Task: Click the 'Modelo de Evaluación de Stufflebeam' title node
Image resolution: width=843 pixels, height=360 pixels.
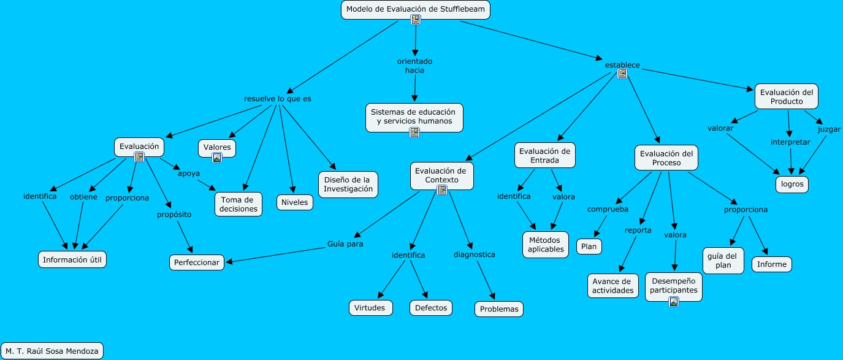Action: (x=415, y=9)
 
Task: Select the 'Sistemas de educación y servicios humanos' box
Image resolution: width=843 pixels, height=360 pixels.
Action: (x=414, y=117)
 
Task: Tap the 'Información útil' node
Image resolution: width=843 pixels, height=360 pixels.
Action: (x=72, y=259)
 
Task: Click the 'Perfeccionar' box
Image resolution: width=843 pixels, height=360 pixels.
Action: (x=197, y=262)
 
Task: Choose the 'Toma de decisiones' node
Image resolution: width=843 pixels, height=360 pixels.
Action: (x=238, y=204)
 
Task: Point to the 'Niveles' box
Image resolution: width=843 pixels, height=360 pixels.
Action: (x=295, y=202)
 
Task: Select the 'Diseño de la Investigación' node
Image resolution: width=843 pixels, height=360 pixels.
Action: (x=348, y=184)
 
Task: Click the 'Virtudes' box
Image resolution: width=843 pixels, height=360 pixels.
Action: (x=370, y=307)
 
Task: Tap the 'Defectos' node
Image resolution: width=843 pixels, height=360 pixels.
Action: (x=431, y=307)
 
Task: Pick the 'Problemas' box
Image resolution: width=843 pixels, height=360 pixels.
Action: (x=499, y=309)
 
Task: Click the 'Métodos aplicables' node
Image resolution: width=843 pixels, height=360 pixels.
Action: (x=546, y=245)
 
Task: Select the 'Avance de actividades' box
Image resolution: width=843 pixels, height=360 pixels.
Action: (x=613, y=286)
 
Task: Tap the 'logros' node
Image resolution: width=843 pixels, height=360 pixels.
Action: (x=792, y=183)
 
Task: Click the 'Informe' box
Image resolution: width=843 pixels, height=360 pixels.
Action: (x=772, y=264)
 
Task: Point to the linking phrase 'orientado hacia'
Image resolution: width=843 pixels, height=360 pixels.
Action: (x=414, y=66)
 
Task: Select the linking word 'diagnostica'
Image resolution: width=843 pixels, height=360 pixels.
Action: (x=474, y=254)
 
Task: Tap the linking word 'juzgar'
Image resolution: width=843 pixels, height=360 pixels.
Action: (x=829, y=129)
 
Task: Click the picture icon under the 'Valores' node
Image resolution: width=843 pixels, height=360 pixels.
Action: (x=216, y=158)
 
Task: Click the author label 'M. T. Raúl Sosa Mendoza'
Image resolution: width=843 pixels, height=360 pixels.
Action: (x=52, y=351)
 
